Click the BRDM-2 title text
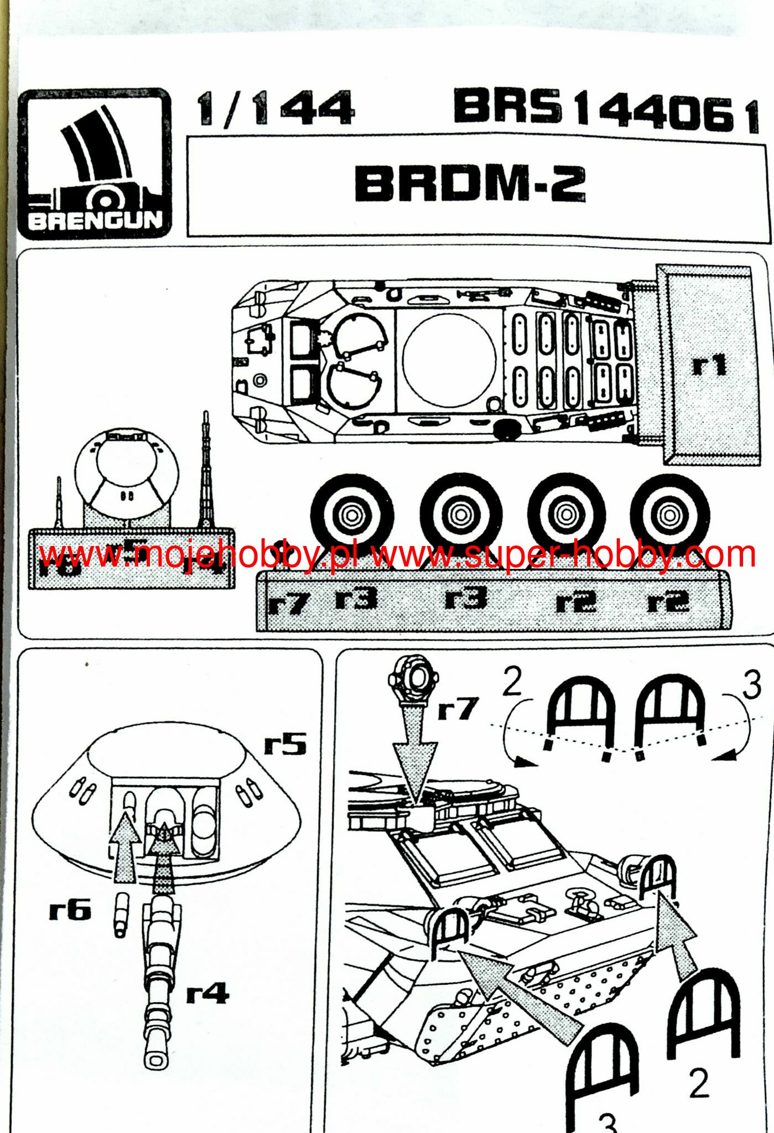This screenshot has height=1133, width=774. coord(470,184)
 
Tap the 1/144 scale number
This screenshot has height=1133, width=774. coord(276,108)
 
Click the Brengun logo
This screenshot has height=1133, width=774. coord(95,164)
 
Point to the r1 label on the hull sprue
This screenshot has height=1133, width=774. coord(709,366)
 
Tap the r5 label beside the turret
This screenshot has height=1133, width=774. coord(285,744)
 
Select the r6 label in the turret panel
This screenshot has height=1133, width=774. coord(70,909)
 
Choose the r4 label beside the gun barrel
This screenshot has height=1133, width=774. coord(207,994)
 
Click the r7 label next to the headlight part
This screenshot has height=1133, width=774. coord(457,709)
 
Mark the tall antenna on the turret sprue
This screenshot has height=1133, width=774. coord(206,470)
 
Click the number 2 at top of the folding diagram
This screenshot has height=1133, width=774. coord(512,682)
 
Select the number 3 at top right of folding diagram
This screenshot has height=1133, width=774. coord(752,685)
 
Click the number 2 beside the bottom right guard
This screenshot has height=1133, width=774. coord(699,1083)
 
